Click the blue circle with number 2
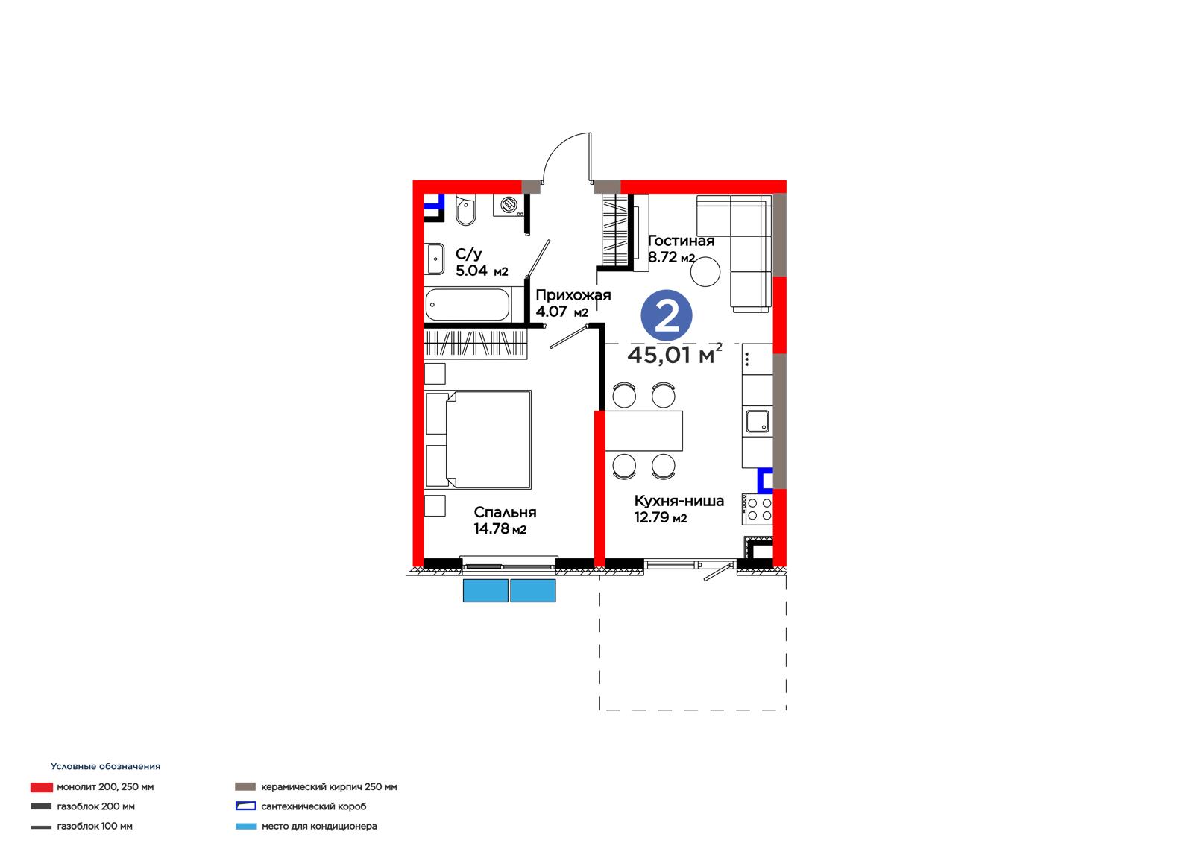666,315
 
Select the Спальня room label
505,512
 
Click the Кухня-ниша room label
679,501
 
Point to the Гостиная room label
682,241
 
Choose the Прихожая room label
573,295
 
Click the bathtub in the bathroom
468,305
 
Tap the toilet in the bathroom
466,209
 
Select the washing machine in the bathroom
509,205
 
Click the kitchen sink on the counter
757,421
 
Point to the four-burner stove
758,509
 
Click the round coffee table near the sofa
705,271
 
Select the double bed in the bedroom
478,439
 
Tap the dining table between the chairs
644,430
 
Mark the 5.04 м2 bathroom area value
482,271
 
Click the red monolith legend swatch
42,787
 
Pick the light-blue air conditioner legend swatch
245,827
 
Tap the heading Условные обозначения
105,766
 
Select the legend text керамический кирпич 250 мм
329,786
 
